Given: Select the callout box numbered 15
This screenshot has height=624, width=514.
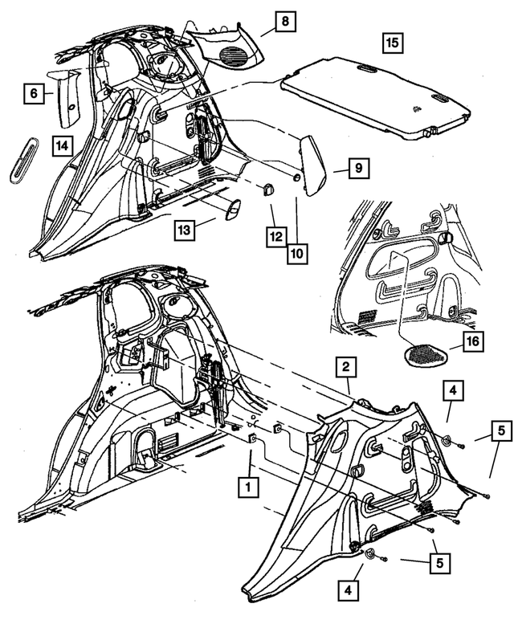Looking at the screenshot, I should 392,43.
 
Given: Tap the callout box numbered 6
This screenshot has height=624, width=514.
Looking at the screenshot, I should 34,94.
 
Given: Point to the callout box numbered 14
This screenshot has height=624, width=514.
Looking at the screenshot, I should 64,145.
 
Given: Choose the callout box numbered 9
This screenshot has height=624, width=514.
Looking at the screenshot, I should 358,169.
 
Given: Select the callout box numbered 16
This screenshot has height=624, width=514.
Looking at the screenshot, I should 473,345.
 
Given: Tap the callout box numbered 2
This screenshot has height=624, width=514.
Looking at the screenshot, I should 345,369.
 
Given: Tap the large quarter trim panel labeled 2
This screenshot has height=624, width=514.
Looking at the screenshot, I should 377,482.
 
